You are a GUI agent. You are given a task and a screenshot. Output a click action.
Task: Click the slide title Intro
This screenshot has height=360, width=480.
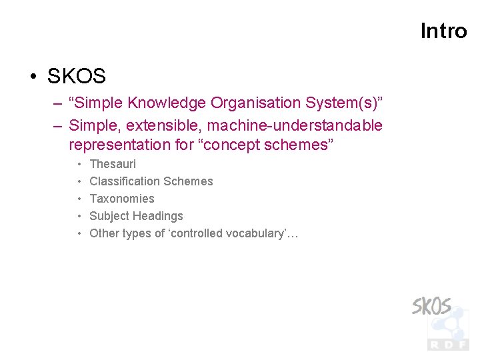[443, 31]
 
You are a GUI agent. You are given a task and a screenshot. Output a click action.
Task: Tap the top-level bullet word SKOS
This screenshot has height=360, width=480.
[76, 77]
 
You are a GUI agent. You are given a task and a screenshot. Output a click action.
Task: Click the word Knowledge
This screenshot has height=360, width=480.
[167, 103]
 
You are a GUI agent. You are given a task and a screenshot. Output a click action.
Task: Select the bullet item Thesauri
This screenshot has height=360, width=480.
[113, 164]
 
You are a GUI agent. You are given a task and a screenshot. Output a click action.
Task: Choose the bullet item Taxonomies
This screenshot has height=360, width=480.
[122, 199]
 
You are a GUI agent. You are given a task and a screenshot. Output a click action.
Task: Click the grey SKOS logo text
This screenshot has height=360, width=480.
[431, 307]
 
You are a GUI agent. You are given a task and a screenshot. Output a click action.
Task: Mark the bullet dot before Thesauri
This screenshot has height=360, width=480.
[79, 164]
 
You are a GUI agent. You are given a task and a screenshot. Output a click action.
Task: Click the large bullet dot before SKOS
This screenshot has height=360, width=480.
[33, 77]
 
